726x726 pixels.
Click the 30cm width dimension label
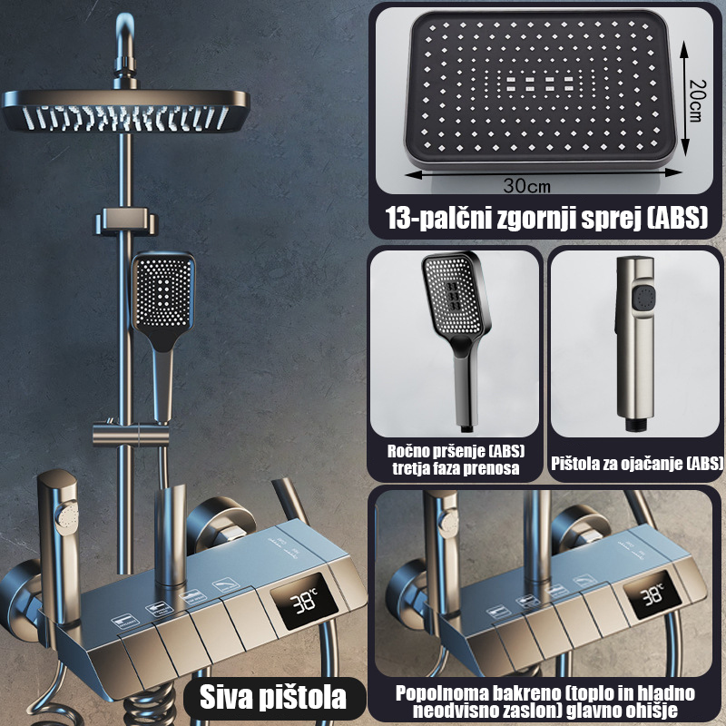click(x=527, y=186)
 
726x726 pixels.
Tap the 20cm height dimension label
click(x=697, y=101)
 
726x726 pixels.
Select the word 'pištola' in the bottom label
click(x=303, y=698)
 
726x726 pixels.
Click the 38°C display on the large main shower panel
click(x=304, y=601)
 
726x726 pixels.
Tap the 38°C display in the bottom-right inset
click(x=652, y=594)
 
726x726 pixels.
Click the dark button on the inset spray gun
click(x=644, y=297)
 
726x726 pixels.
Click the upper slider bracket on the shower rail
click(x=127, y=221)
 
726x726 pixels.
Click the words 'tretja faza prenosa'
click(x=456, y=468)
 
